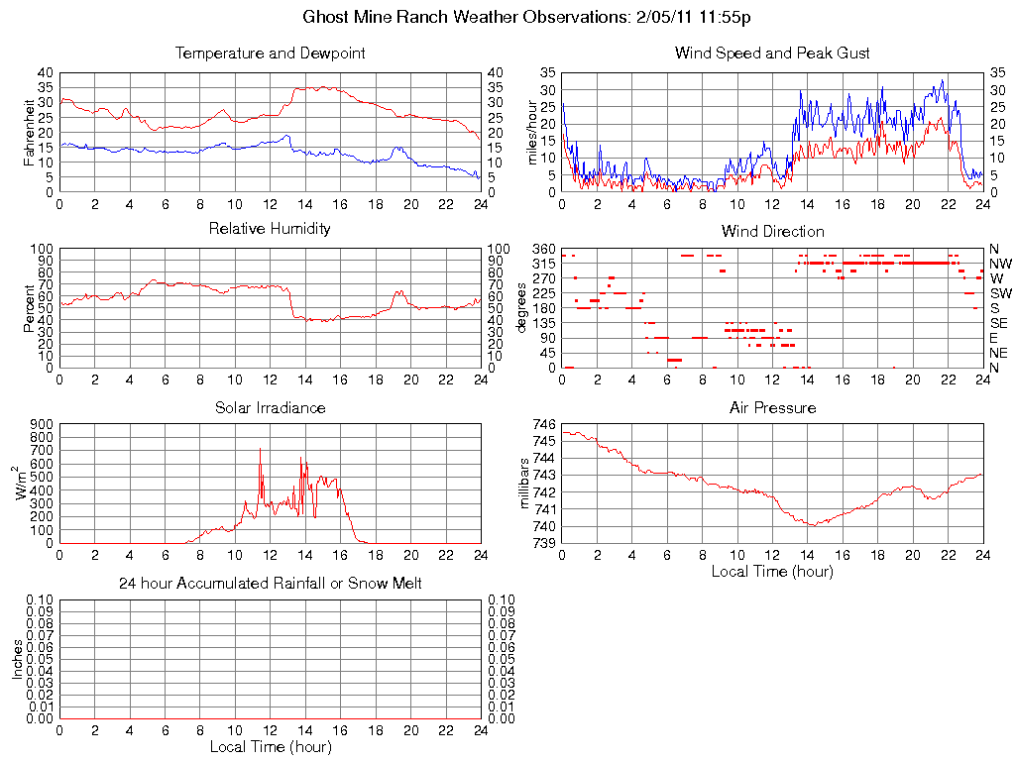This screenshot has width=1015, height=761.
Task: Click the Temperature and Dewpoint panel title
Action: (270, 54)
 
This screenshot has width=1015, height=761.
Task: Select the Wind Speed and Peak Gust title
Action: (772, 54)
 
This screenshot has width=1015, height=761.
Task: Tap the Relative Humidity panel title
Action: (270, 229)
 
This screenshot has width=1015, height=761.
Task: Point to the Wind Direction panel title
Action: (772, 231)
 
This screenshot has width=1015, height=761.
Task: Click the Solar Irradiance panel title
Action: (270, 407)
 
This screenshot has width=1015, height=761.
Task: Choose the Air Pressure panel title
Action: (772, 407)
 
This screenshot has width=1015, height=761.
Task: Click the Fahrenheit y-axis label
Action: (30, 132)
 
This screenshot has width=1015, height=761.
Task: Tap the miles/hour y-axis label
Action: (532, 132)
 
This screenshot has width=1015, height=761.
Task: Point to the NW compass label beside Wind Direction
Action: (1000, 264)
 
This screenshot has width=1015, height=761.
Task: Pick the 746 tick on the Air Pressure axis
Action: (544, 423)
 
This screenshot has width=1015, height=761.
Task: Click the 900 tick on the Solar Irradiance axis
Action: (41, 424)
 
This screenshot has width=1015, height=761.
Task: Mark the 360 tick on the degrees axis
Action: (544, 248)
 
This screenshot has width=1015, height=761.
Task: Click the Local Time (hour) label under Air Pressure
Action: (772, 571)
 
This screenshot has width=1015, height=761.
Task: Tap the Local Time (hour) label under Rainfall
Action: (270, 746)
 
